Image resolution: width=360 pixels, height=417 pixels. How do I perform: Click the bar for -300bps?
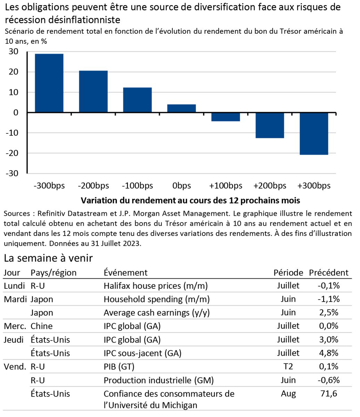(49, 83)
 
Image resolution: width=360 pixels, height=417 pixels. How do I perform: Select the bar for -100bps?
(137, 100)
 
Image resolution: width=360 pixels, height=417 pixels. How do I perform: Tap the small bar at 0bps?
(181, 108)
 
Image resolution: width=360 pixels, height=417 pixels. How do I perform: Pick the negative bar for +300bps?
(314, 133)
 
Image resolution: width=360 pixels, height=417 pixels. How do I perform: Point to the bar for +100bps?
(226, 117)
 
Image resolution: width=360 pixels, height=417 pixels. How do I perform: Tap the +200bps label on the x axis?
(270, 186)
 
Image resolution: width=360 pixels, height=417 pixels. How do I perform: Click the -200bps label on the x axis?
(93, 186)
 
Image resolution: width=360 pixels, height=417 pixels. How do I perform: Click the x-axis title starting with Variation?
(190, 201)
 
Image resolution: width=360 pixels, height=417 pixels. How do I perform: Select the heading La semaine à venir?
(48, 258)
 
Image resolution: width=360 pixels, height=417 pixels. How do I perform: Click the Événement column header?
(125, 273)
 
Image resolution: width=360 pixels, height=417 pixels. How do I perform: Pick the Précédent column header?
(328, 273)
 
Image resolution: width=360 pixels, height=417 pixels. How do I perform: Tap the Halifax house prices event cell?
(155, 286)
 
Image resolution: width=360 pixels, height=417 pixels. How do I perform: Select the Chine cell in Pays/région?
(41, 326)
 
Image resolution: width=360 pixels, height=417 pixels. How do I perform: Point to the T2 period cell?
(288, 367)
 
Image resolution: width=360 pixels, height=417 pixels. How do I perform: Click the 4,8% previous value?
(328, 353)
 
